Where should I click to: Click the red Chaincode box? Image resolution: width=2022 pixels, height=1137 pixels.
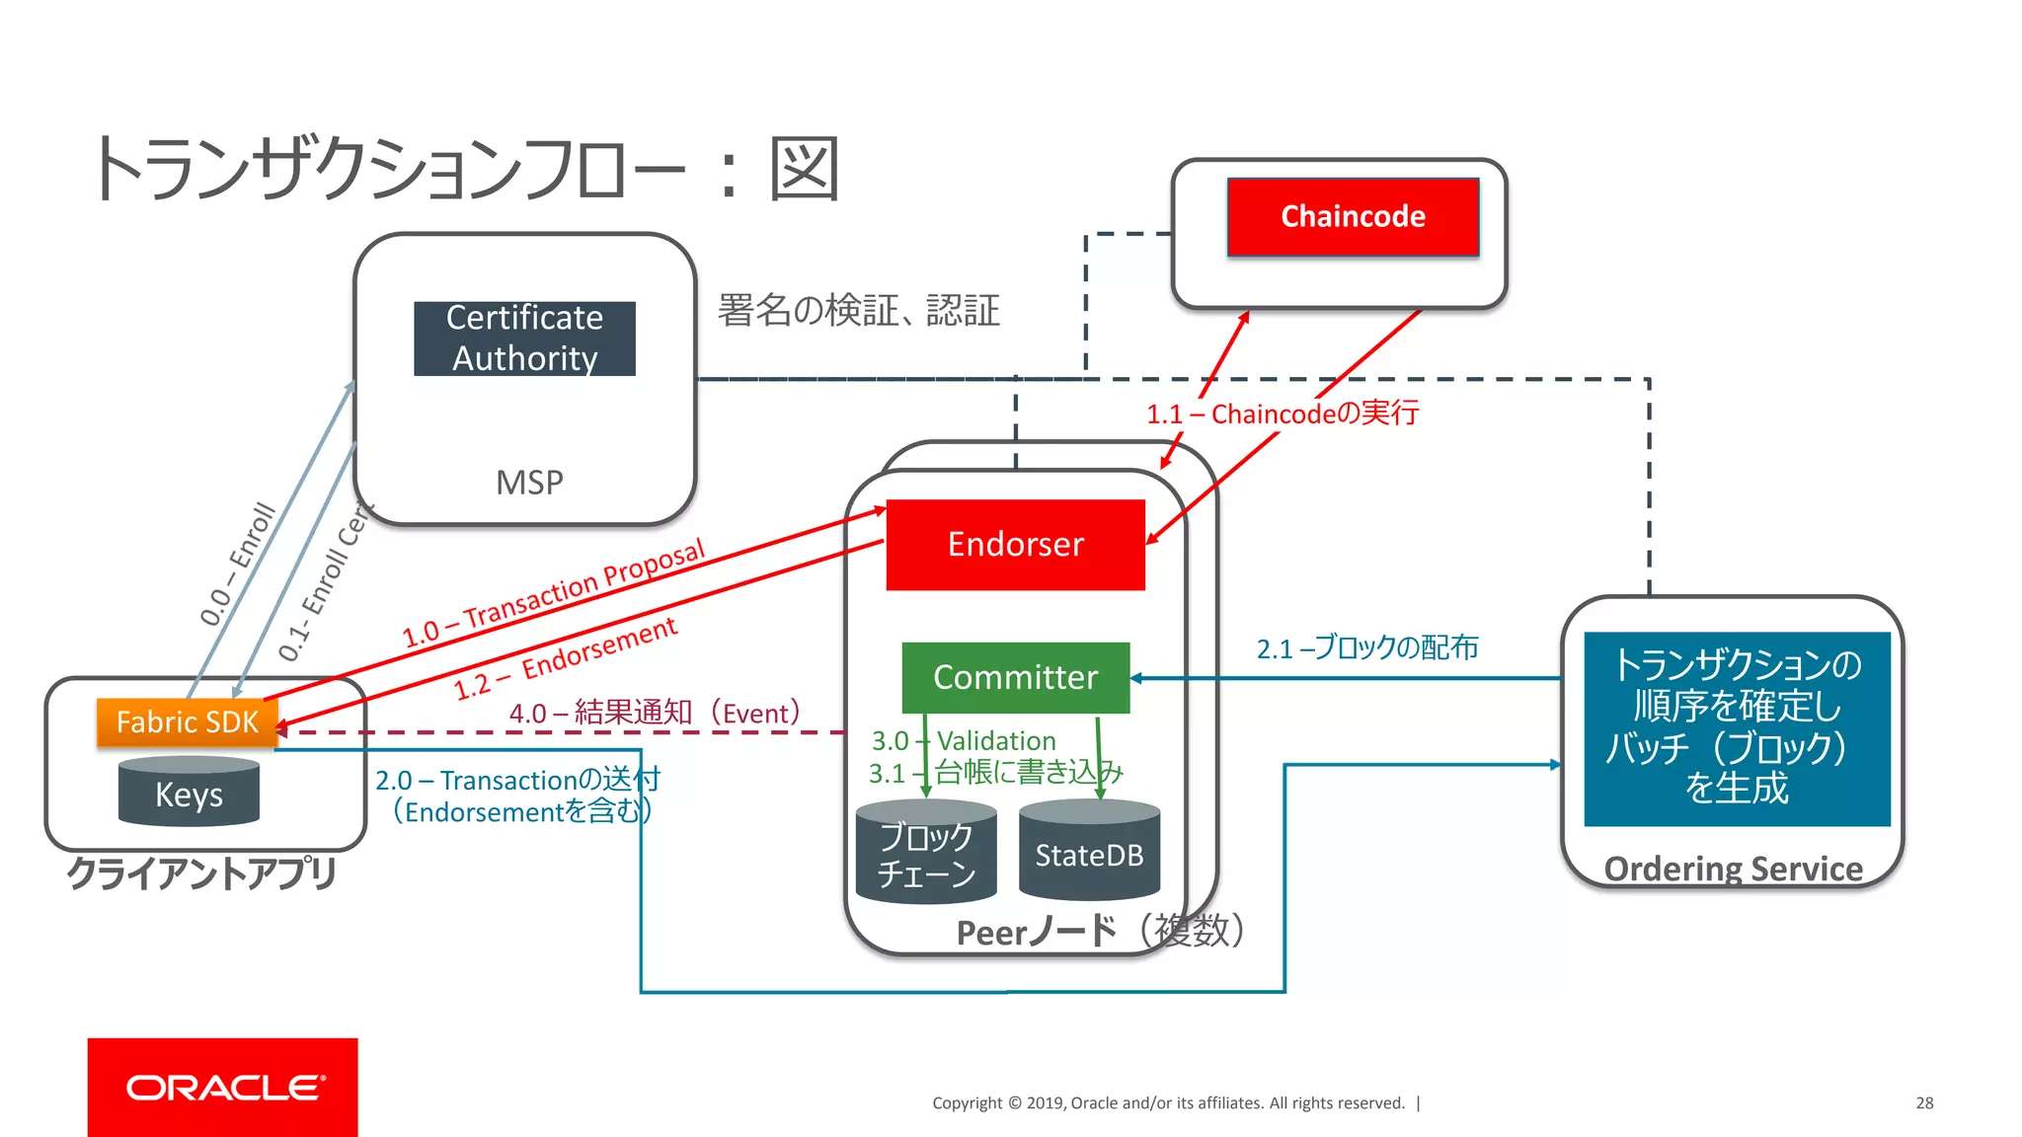1353,217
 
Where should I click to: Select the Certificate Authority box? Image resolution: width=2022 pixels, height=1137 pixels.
524,339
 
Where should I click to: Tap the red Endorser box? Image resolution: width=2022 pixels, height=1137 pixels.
1015,545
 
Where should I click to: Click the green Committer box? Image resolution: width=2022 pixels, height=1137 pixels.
1015,678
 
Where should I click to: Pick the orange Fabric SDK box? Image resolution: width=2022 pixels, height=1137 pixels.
187,722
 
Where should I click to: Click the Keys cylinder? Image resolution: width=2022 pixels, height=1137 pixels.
189,794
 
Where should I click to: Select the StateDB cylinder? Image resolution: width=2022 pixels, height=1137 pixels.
1089,854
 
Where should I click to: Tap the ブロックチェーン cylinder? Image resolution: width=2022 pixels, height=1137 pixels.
926,855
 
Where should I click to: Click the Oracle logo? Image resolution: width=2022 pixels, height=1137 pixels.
223,1087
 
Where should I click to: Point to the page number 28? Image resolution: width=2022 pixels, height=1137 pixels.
1924,1102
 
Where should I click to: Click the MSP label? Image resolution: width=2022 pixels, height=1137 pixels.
529,483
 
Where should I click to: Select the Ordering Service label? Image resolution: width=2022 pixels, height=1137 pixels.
1733,869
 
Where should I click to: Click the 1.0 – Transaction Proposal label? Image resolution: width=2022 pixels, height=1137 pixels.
553,593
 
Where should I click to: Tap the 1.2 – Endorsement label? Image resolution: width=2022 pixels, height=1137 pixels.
566,658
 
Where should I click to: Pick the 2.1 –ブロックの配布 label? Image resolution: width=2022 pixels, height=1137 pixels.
1367,648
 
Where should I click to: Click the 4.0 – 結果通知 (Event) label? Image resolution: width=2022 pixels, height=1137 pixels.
655,713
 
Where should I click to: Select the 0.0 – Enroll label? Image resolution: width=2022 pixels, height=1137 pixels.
237,564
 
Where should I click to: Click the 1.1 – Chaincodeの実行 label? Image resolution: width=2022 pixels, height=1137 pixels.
1283,414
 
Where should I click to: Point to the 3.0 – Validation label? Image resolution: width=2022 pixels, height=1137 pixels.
964,740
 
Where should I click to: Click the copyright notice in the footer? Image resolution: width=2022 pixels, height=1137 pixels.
1168,1102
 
